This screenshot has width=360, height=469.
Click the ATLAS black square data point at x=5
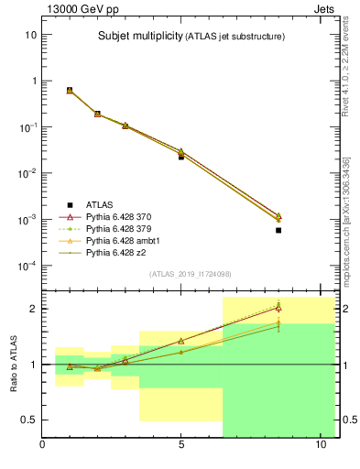pos(181,157)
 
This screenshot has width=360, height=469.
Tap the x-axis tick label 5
pos(181,446)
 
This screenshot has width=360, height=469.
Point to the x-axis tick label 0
pos(42,446)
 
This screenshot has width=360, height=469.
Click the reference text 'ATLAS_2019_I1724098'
pos(190,273)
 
